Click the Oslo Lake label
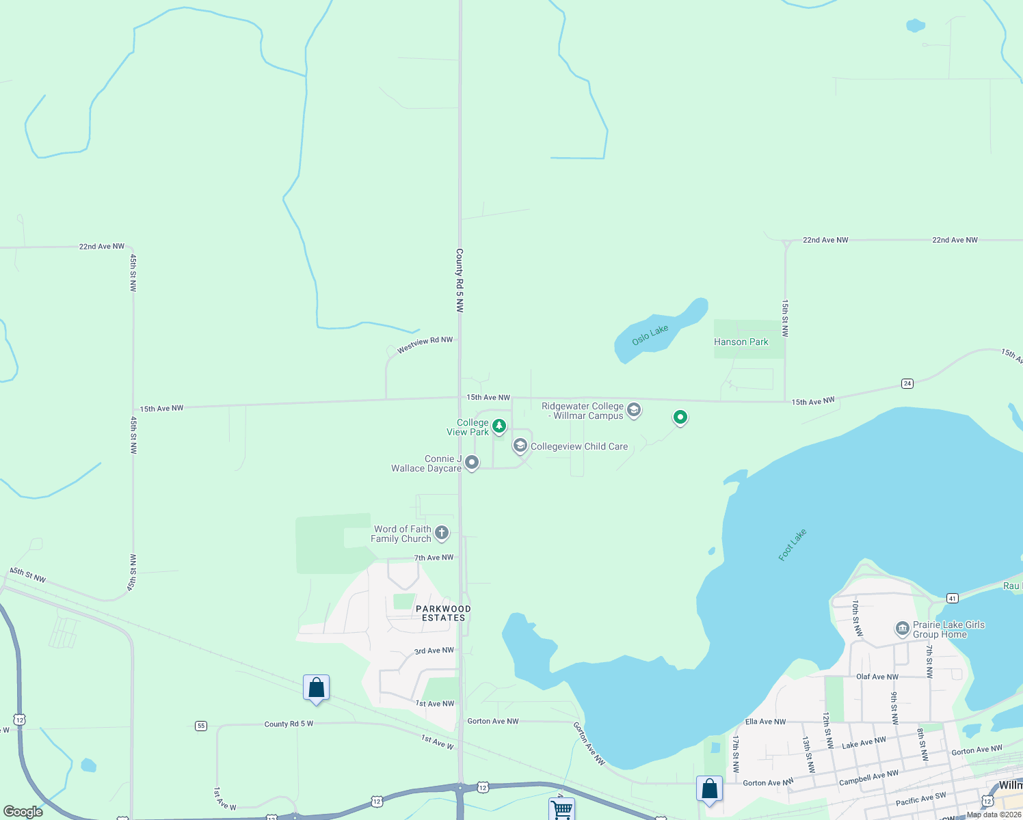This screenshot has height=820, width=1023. (650, 335)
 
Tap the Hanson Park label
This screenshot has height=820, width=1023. (741, 342)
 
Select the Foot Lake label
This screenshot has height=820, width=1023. (793, 545)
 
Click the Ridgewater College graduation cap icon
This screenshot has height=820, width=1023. (634, 410)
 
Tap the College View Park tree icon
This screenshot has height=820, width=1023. (499, 426)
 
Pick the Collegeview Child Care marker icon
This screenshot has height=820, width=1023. (520, 446)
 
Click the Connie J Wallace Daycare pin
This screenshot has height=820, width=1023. (472, 463)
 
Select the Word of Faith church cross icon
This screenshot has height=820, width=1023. (442, 533)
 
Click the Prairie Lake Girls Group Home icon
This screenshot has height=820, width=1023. (902, 628)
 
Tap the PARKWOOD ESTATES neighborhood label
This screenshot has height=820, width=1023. (443, 613)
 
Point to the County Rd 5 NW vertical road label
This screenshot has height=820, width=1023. (460, 280)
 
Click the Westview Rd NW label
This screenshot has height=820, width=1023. (425, 344)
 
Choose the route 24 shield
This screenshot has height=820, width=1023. (907, 383)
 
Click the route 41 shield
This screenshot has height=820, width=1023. (953, 599)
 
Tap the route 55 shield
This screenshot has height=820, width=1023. (201, 726)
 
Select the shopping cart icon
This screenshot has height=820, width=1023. (561, 809)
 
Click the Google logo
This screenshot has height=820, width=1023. (23, 812)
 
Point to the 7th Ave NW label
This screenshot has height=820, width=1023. (434, 558)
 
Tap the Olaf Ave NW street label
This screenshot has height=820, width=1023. (877, 676)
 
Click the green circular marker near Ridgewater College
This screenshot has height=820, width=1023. (680, 416)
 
